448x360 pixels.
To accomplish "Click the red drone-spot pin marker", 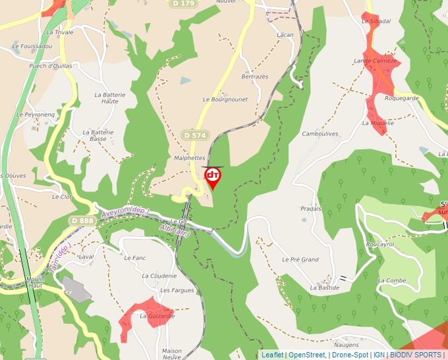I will click(213, 177).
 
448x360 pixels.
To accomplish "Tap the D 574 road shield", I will click(195, 135).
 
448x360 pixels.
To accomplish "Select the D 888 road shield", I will click(83, 220).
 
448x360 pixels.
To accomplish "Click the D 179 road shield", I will click(184, 3).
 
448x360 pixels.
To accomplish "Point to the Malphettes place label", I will click(190, 158).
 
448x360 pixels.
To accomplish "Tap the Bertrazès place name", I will click(255, 77).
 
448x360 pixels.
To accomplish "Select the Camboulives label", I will click(320, 134).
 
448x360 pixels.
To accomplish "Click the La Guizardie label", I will click(157, 316).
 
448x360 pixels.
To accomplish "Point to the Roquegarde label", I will click(401, 98).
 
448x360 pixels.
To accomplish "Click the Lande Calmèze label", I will click(376, 61).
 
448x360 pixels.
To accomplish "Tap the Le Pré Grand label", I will click(300, 260).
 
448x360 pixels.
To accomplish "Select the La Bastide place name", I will click(325, 288).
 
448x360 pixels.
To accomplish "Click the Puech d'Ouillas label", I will click(51, 66).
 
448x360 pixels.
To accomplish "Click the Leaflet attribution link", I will click(272, 355).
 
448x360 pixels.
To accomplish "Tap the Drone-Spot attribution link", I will click(350, 355).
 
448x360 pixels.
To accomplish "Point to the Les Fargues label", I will click(177, 290).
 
